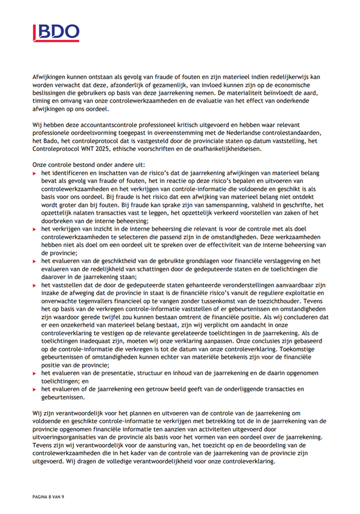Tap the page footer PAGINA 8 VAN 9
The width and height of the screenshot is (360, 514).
point(46,497)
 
